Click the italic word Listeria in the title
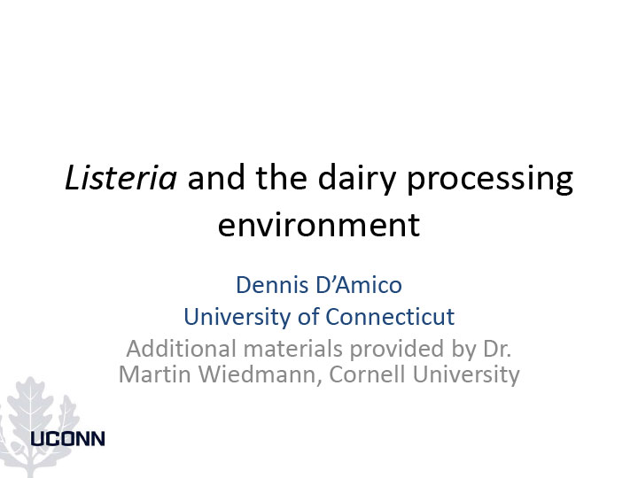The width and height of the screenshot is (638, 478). [121, 178]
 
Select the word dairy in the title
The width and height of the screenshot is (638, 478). [356, 181]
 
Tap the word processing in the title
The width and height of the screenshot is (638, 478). [490, 181]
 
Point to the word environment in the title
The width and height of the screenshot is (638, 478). [319, 225]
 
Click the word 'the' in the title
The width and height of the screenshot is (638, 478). [281, 178]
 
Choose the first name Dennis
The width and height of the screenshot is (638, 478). [272, 284]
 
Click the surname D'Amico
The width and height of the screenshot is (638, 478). [359, 284]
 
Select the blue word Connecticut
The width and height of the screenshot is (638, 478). [390, 317]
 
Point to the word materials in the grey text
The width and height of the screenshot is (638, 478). [293, 349]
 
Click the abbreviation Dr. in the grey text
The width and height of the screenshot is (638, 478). [497, 349]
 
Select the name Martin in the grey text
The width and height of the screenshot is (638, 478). [154, 374]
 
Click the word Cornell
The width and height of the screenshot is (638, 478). [368, 374]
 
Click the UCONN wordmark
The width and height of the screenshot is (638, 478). [68, 439]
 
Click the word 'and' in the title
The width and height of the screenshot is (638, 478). [216, 178]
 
